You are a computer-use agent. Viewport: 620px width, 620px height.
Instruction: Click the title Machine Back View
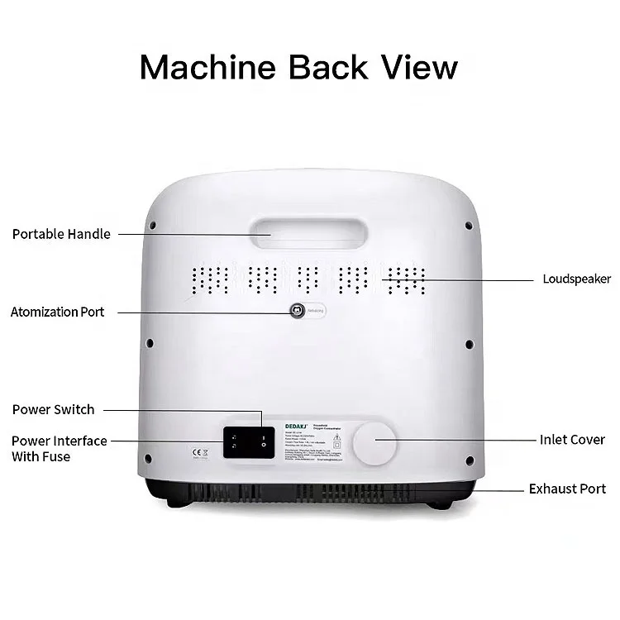[x=298, y=66]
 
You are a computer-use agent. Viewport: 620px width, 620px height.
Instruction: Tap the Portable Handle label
[x=61, y=234]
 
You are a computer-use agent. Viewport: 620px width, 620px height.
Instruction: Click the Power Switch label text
[x=54, y=409]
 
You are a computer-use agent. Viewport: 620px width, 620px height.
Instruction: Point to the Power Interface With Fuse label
[x=60, y=448]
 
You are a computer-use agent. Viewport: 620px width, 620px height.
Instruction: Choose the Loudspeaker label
[x=576, y=279]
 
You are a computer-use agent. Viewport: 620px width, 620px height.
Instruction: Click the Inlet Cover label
[x=572, y=440]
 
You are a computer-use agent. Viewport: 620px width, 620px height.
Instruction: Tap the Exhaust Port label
[x=567, y=489]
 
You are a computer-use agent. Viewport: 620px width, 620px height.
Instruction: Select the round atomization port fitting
[x=296, y=311]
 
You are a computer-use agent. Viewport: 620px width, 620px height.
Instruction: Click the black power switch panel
[x=247, y=441]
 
